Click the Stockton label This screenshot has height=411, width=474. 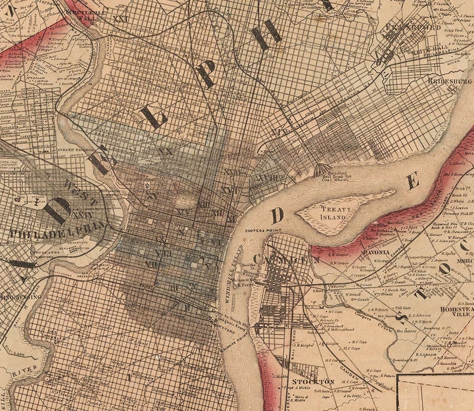(312, 381)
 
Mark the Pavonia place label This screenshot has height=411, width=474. (374, 252)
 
